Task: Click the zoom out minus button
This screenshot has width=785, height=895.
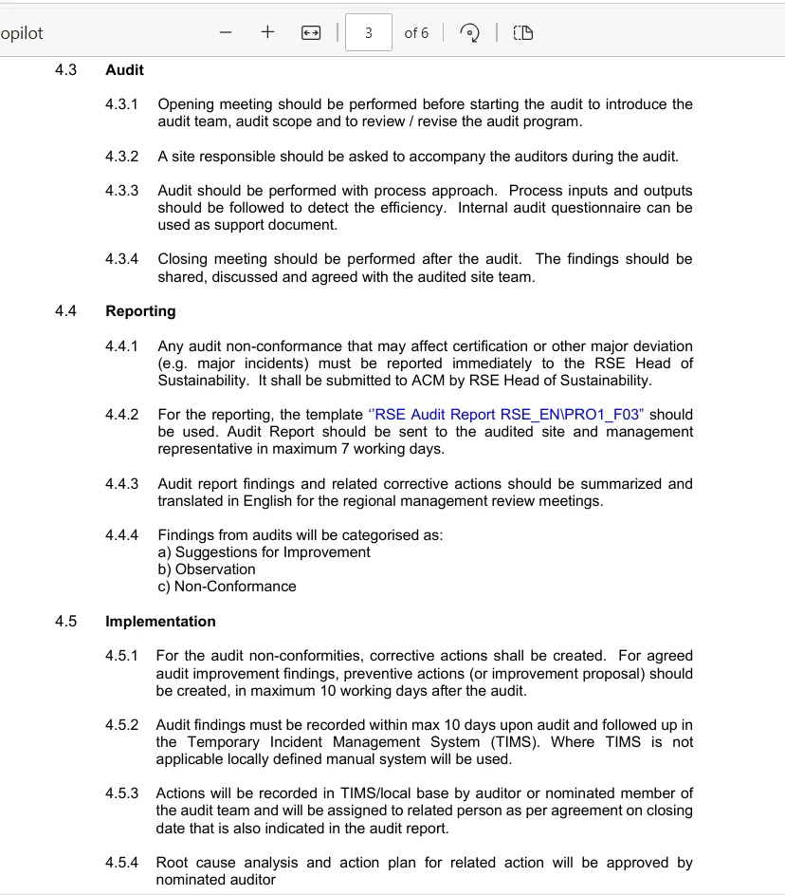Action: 225,32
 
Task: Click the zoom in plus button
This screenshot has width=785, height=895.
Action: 267,32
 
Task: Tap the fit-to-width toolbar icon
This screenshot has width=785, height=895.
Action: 310,33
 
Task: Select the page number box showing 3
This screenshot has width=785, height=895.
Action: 368,33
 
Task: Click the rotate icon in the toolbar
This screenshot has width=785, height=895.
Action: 469,33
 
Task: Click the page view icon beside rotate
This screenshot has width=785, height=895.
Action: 522,33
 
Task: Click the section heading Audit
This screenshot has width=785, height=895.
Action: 124,69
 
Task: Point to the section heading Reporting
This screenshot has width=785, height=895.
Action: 140,311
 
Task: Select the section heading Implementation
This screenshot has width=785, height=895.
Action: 160,622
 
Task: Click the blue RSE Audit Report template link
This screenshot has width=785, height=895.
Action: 505,415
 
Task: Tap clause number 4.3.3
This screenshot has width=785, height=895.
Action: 121,191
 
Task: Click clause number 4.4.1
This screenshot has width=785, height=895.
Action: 121,346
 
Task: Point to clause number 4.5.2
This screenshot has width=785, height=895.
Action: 121,725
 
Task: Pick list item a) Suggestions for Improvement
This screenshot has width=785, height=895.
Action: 264,552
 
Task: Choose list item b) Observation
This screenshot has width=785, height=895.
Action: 207,569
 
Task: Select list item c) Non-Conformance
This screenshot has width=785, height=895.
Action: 227,587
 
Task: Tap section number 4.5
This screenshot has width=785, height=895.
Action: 65,622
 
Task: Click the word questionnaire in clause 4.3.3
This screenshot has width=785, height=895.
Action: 590,208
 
